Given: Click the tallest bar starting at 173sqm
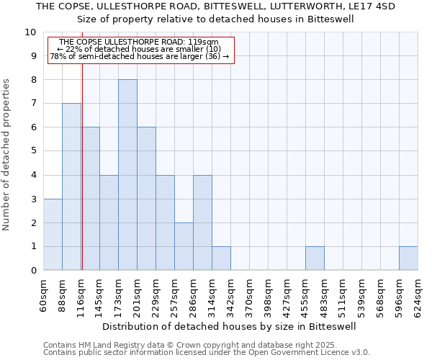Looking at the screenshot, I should tap(127, 175).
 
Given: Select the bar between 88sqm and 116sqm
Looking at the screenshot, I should tap(71, 186).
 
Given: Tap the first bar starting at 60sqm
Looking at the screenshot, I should tap(53, 235).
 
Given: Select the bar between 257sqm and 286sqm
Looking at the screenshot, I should tap(184, 246).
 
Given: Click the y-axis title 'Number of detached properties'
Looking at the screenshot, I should tap(7, 155).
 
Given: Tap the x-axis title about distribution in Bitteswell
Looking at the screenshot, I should tap(225, 326).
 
